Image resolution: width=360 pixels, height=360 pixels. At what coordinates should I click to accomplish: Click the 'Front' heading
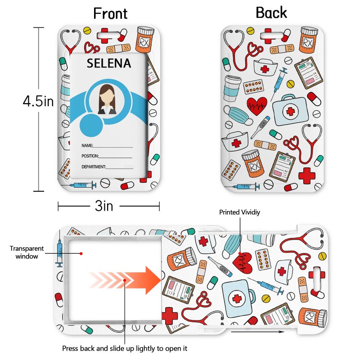(110, 13)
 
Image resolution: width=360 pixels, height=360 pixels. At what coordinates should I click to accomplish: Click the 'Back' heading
(271, 13)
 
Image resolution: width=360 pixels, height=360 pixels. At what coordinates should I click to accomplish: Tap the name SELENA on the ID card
(109, 63)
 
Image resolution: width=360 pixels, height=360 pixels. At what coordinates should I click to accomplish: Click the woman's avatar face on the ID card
(107, 99)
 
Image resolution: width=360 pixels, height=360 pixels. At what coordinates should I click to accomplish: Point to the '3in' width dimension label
(104, 206)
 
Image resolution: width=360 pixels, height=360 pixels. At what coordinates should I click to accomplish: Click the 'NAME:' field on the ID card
(87, 145)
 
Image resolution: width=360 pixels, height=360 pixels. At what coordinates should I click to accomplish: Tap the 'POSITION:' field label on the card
(90, 156)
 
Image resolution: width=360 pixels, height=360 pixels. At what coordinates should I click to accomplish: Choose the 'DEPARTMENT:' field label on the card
(94, 166)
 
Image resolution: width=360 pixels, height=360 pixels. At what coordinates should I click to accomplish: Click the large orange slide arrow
(125, 280)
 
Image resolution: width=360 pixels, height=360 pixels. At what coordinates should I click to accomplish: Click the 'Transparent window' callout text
(27, 252)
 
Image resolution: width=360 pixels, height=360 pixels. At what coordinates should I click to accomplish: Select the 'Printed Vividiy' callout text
(239, 212)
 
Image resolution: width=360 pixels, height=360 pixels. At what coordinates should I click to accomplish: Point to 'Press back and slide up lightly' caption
(125, 348)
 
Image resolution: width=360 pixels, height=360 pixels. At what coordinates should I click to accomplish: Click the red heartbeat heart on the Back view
(257, 106)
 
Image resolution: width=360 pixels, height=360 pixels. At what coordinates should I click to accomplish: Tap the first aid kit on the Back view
(290, 110)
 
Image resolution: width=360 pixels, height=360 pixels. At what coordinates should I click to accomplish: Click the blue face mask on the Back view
(238, 116)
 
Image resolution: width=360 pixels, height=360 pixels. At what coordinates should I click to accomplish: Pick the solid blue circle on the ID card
(91, 126)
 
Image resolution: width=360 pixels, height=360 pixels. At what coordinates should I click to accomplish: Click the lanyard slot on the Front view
(108, 36)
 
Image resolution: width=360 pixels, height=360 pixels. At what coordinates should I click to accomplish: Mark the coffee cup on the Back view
(232, 88)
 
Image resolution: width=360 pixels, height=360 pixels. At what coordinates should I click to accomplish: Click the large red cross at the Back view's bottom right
(307, 175)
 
